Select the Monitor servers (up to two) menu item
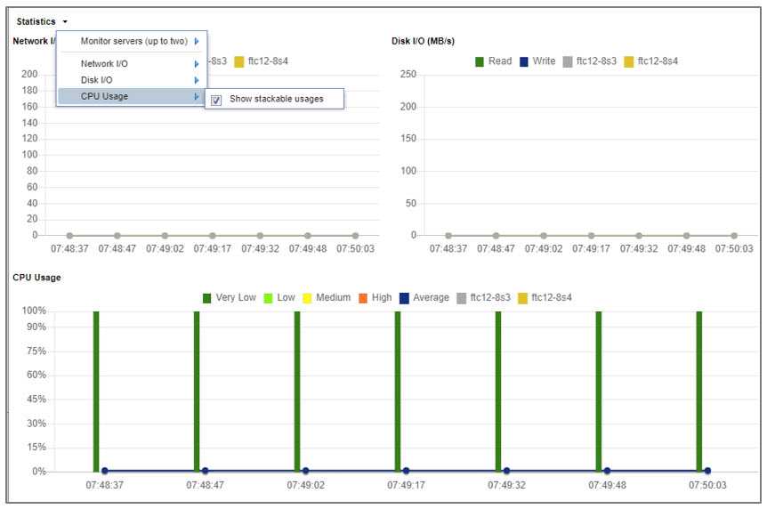[x=133, y=41]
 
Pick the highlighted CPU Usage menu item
[x=104, y=96]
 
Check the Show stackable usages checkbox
[x=216, y=100]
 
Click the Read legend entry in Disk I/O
[x=493, y=61]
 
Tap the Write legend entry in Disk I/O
[x=537, y=61]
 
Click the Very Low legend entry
[x=230, y=297]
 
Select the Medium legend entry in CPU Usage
[x=326, y=297]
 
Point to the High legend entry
[x=375, y=297]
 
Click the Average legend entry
[x=424, y=297]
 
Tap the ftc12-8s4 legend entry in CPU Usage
[x=544, y=297]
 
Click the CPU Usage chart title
[x=36, y=278]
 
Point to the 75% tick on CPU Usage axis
[x=36, y=351]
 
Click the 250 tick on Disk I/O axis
[x=408, y=74]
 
